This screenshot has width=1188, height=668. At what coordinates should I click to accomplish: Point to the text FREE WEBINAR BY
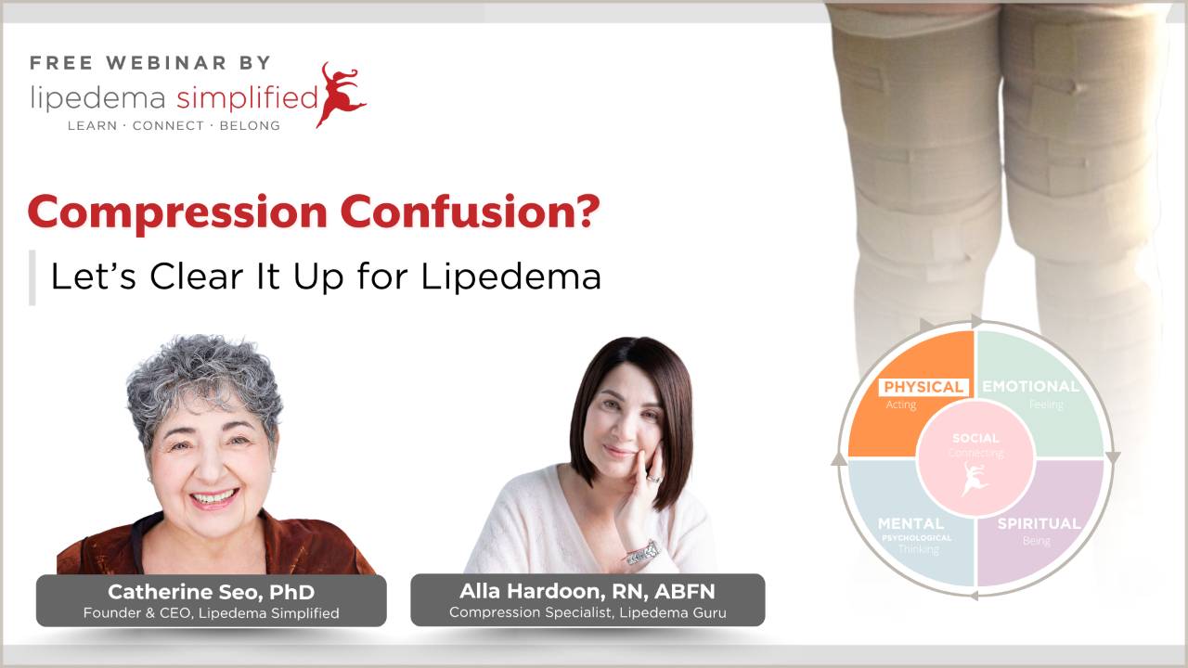(x=150, y=63)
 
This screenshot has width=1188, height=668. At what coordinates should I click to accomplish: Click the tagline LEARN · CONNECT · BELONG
(x=174, y=125)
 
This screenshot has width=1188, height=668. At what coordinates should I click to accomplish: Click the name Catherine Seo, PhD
(x=211, y=591)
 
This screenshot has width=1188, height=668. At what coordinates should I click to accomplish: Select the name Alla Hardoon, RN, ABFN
(x=588, y=590)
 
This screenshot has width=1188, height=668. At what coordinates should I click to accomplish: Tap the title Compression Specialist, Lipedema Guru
(x=588, y=612)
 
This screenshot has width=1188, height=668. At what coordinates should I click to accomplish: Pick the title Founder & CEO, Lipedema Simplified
(x=211, y=613)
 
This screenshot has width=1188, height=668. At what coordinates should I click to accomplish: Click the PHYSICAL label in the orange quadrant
(x=923, y=387)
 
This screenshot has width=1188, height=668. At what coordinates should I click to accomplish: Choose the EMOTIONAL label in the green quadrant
(x=1030, y=387)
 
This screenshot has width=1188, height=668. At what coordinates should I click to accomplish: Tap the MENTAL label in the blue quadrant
(x=910, y=523)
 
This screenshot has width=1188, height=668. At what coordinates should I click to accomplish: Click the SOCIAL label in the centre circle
(x=975, y=438)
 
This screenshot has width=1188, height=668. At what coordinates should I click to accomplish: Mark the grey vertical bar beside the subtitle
(x=32, y=276)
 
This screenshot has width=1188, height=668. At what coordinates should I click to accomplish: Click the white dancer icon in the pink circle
(x=975, y=479)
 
